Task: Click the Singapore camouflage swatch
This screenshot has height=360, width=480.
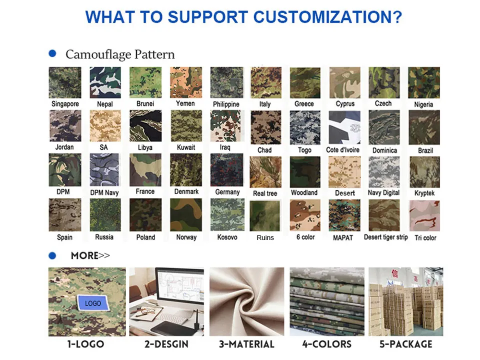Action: click(65, 82)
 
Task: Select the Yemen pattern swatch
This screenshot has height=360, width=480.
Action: click(186, 82)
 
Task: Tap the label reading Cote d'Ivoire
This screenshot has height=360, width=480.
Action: click(342, 149)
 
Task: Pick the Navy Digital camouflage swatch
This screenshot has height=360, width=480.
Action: click(384, 172)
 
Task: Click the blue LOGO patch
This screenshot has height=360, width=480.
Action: click(93, 303)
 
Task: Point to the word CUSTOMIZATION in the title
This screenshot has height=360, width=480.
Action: click(327, 17)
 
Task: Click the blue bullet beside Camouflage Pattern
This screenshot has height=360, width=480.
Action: click(52, 53)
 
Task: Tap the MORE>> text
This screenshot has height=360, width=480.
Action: click(90, 255)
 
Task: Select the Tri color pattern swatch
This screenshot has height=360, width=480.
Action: click(424, 215)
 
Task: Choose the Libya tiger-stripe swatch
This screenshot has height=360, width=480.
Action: click(145, 126)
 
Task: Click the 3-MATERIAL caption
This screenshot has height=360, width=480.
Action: click(246, 344)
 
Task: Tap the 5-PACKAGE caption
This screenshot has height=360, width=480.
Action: click(406, 344)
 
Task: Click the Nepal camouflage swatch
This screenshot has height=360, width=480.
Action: click(105, 82)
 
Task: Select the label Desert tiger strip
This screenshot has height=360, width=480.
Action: click(385, 237)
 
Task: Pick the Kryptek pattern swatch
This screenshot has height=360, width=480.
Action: click(424, 172)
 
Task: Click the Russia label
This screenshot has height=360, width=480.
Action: click(104, 237)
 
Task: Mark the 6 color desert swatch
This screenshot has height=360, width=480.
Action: click(305, 215)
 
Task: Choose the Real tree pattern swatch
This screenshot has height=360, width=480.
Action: click(265, 172)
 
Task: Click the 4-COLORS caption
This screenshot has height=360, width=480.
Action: click(327, 344)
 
